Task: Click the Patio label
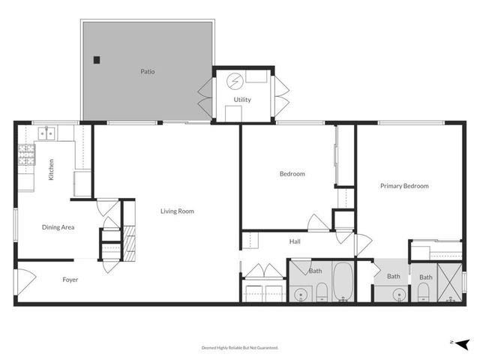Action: coord(148,73)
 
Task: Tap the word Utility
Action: coord(242,100)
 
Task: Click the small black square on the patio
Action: coord(96,60)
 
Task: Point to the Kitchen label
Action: coord(51,170)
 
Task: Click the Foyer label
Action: coord(70,280)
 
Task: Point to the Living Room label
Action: coord(177,211)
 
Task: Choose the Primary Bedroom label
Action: coord(404,186)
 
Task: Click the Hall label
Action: coord(295,241)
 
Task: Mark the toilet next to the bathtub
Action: coord(320,292)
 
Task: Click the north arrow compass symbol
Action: coord(463,343)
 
